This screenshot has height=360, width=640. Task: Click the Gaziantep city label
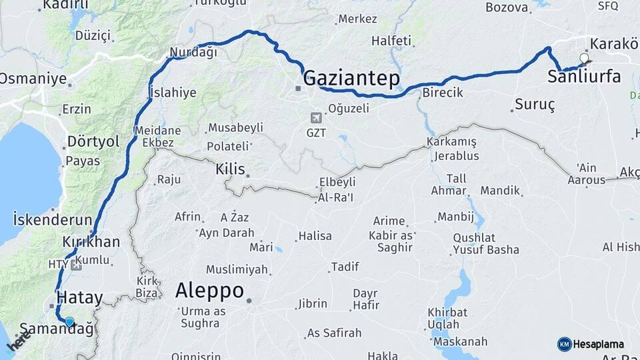(x=351, y=79)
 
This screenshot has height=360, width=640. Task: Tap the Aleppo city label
(x=209, y=291)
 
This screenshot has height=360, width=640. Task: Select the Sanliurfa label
(x=584, y=77)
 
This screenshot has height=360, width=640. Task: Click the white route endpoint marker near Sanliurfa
(x=585, y=59)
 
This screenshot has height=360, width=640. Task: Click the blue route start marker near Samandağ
(x=69, y=322)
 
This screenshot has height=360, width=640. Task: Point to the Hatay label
(x=79, y=297)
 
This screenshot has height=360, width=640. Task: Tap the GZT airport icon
(x=316, y=118)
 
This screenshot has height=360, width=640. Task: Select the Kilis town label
(x=230, y=169)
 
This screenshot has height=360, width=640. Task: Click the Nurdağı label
(x=193, y=53)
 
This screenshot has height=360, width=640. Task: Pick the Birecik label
(x=442, y=93)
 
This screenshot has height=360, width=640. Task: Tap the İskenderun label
(x=52, y=219)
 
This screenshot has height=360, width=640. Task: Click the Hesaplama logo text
(x=598, y=345)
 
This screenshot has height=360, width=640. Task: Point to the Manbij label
(x=455, y=217)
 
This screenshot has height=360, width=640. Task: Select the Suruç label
(x=535, y=105)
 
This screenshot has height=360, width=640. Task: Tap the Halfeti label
(x=391, y=41)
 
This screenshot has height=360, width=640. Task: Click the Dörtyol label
(x=93, y=142)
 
